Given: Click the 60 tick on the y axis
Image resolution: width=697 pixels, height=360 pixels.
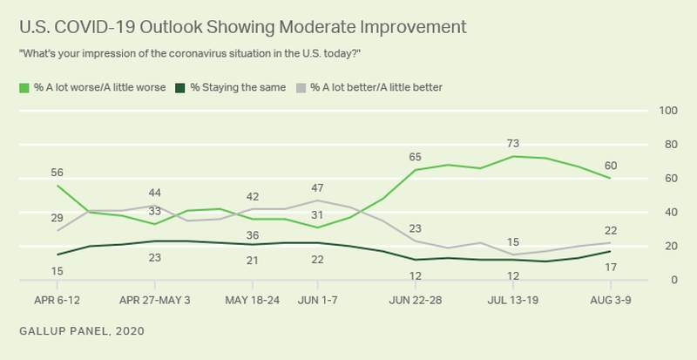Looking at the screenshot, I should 670,179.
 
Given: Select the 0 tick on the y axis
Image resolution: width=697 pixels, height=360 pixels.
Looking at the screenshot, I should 673,280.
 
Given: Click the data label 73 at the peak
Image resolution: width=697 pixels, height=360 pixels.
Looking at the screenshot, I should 514,143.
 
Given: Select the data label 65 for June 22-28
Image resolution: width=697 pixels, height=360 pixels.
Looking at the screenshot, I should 416,157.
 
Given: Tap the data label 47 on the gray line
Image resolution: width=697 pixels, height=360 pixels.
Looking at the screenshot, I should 317,187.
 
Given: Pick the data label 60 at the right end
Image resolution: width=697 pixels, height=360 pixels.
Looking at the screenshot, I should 611,165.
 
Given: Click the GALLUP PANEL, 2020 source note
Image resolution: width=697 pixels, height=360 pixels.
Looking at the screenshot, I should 77,331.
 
